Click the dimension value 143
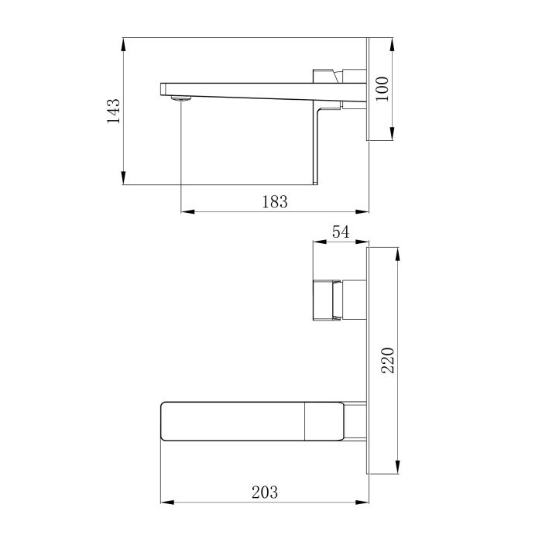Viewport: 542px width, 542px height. click(x=114, y=111)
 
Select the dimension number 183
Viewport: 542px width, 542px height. click(x=275, y=201)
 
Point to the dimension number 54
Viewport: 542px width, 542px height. click(x=341, y=232)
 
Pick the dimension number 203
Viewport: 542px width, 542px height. click(x=265, y=492)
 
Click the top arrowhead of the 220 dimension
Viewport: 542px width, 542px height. click(x=398, y=252)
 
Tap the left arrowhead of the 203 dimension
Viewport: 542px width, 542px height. click(x=164, y=502)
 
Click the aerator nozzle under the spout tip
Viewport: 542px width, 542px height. click(x=180, y=98)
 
